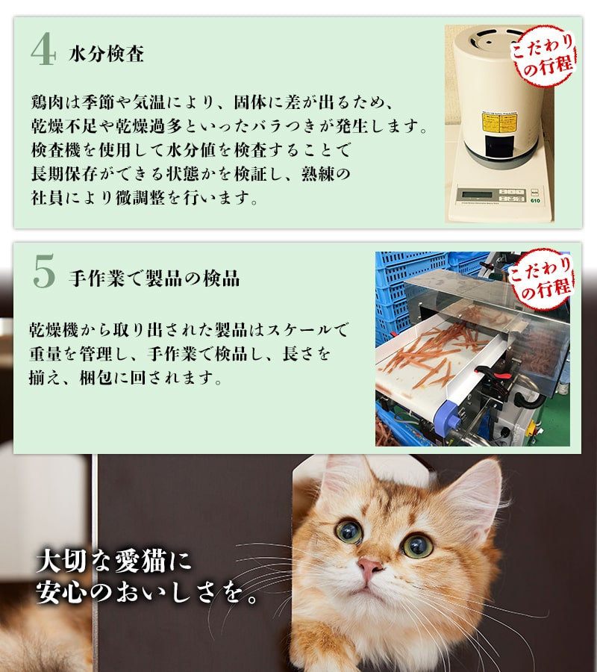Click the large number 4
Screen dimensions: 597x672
click(43, 50)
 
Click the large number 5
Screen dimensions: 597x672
click(44, 271)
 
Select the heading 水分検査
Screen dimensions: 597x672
click(106, 54)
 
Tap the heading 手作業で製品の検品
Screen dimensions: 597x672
click(154, 278)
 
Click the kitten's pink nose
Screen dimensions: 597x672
click(369, 566)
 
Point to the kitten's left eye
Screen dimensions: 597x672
click(349, 531)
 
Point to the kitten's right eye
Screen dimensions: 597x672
click(416, 545)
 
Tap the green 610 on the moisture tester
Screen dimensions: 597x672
click(535, 201)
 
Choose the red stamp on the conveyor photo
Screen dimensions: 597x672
click(541, 279)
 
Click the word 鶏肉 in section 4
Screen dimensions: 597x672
click(48, 102)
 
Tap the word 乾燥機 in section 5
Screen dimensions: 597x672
click(54, 330)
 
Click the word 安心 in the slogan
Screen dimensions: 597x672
click(60, 592)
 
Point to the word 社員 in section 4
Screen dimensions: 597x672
click(48, 198)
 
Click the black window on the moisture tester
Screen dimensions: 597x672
click(499, 146)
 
